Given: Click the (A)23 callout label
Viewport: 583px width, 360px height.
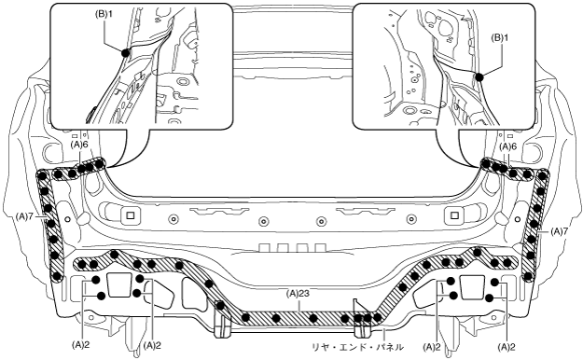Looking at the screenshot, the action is [x=298, y=294].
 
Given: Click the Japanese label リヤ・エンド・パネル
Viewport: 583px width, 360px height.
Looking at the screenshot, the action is [x=357, y=347].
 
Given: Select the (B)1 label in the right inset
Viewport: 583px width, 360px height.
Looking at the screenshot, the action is [x=500, y=37].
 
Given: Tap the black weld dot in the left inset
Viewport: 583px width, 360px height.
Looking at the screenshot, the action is [x=126, y=53].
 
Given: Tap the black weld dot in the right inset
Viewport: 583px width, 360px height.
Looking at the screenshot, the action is [x=479, y=77].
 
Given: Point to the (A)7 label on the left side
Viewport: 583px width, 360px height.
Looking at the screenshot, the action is [x=24, y=215].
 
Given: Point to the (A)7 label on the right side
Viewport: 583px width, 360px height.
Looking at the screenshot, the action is [x=559, y=231].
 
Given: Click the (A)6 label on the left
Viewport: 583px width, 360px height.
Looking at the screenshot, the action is [x=79, y=145].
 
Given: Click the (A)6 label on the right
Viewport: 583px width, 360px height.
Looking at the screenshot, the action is [x=507, y=147].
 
